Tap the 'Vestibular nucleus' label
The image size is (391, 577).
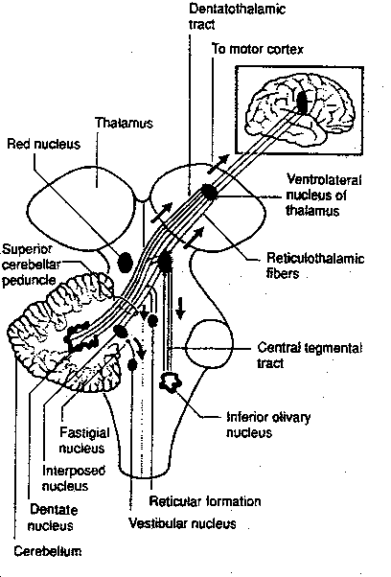coord(181,524)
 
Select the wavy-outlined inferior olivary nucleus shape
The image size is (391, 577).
coord(172,382)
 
